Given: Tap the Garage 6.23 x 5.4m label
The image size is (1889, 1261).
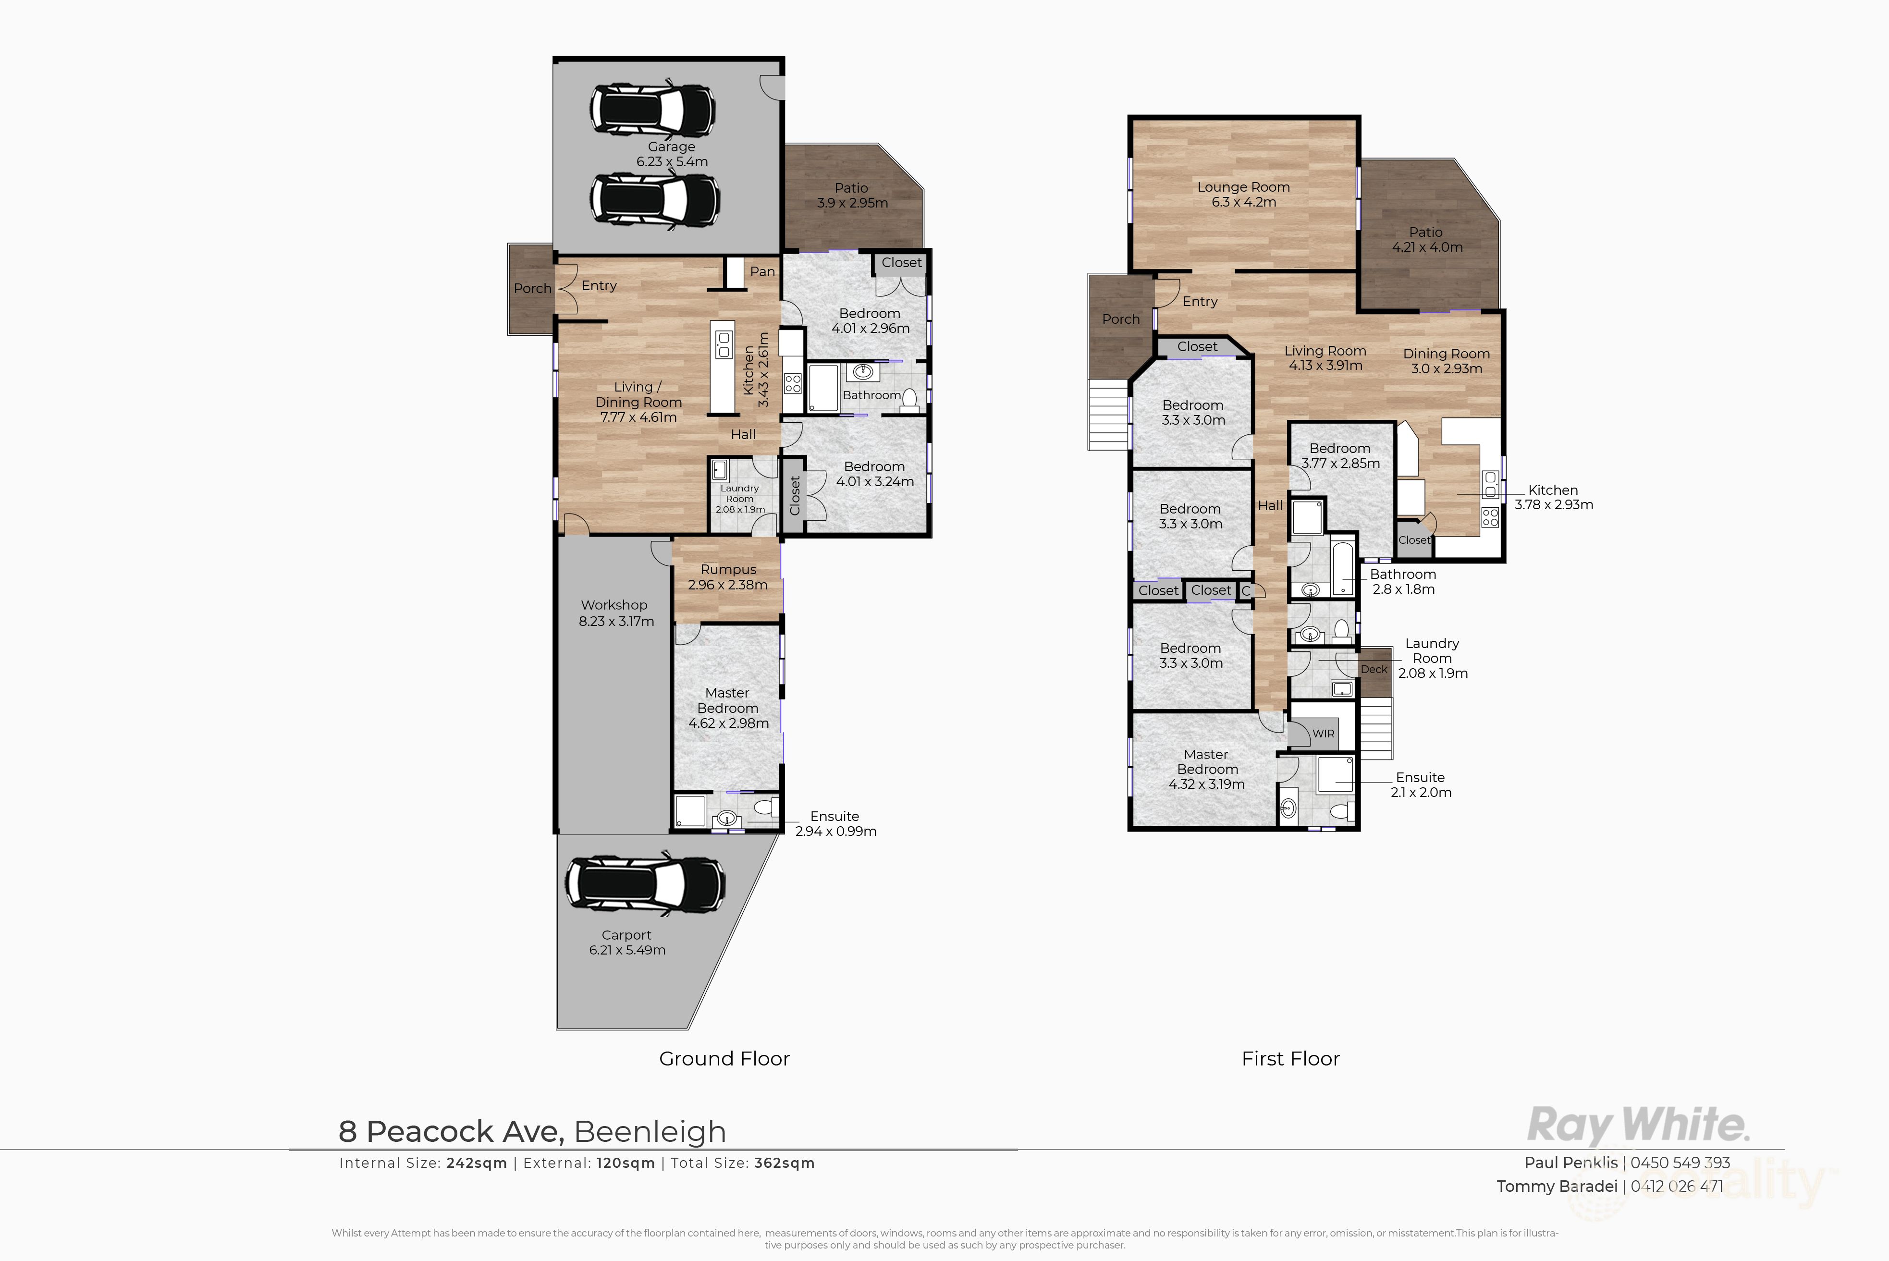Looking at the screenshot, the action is (x=672, y=154).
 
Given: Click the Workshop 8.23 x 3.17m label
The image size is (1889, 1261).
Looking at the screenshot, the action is (x=616, y=613).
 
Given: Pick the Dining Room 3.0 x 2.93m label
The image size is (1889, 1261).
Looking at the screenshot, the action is (x=1447, y=361).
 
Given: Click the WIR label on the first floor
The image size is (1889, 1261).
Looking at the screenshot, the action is (x=1323, y=734).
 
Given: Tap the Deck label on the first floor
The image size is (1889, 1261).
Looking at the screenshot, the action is (x=1374, y=669).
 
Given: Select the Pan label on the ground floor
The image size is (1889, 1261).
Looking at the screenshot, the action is (x=762, y=272).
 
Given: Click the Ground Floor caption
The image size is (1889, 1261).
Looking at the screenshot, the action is (x=724, y=1058).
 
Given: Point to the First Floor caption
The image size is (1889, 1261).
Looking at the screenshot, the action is (x=1291, y=1058).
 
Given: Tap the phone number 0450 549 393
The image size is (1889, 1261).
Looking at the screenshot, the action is (x=1680, y=1163).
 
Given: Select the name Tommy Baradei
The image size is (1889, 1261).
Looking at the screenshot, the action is (x=1557, y=1186).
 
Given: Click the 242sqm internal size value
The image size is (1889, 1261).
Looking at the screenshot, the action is (x=477, y=1163).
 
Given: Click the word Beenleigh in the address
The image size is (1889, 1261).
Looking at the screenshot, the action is (x=650, y=1131).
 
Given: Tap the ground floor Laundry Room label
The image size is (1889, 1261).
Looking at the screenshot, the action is (x=740, y=499).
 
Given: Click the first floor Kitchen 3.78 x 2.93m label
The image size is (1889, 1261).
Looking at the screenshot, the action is (x=1554, y=497).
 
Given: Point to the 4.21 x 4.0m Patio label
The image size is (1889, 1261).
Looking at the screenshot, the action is (x=1427, y=240).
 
